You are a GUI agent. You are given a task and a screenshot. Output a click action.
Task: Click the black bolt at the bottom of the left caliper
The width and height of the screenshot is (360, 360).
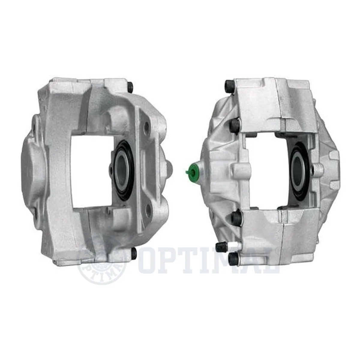click(x=134, y=253)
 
